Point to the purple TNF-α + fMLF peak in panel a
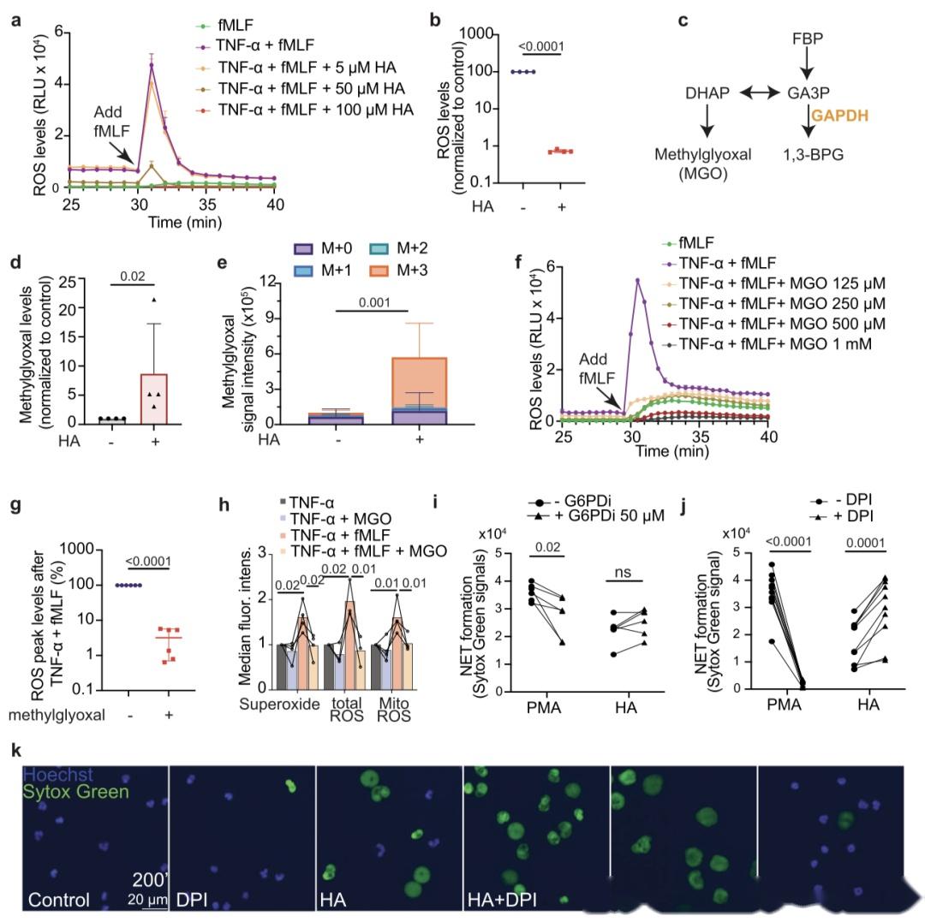tap(152, 65)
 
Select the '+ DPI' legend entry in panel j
tap(835, 516)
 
